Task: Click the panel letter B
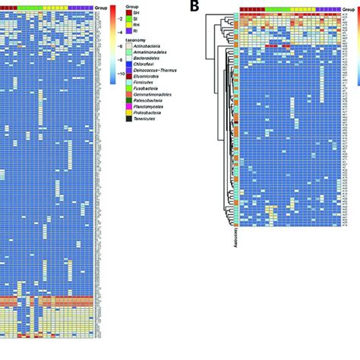tap(195, 7)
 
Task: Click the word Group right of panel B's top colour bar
tap(350, 8)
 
